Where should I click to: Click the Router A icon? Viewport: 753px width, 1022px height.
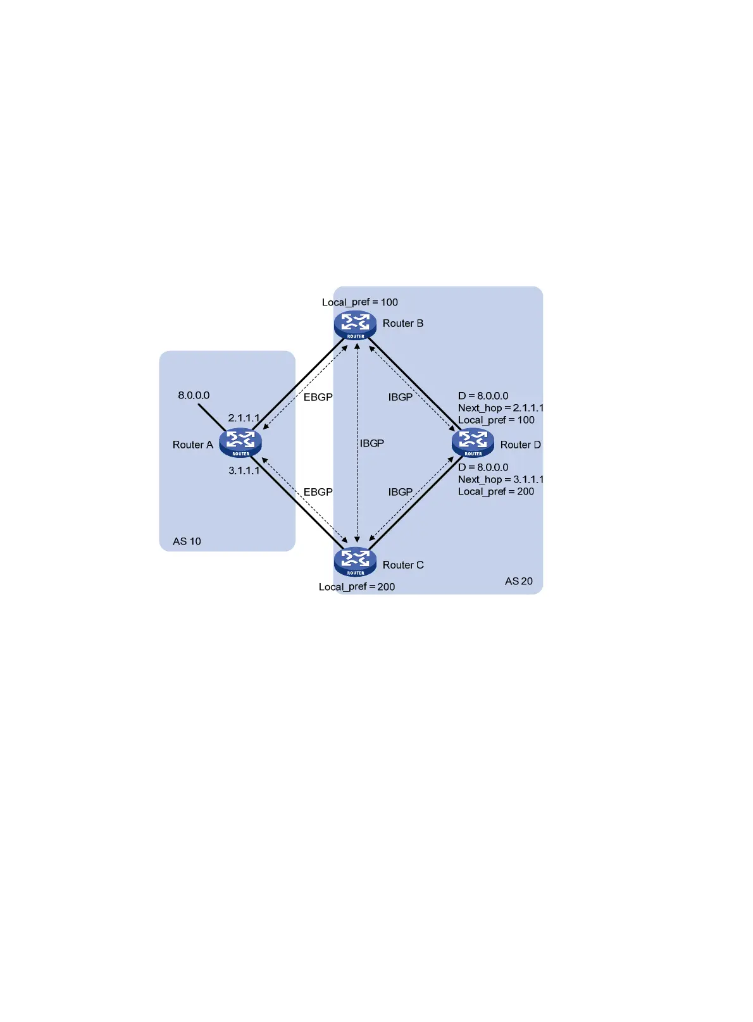pyautogui.click(x=240, y=442)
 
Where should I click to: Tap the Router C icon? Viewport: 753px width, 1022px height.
pyautogui.click(x=355, y=561)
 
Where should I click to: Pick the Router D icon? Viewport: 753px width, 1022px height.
pyautogui.click(x=473, y=442)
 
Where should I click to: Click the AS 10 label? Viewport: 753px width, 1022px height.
pyautogui.click(x=187, y=541)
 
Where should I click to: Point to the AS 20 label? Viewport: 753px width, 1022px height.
pyautogui.click(x=518, y=581)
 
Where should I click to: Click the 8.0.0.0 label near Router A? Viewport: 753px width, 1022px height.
pyautogui.click(x=194, y=395)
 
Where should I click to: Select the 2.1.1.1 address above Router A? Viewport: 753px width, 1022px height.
pyautogui.click(x=244, y=418)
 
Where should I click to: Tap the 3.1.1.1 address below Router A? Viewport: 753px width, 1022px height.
pyautogui.click(x=244, y=471)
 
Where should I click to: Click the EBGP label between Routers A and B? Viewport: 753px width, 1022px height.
pyautogui.click(x=318, y=397)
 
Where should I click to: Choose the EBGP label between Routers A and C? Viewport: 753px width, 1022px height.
pyautogui.click(x=318, y=492)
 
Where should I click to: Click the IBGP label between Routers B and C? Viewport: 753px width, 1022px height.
pyautogui.click(x=372, y=443)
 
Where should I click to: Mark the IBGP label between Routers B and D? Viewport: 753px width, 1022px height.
pyautogui.click(x=400, y=397)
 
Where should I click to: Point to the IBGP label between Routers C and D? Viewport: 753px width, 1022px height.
pyautogui.click(x=400, y=492)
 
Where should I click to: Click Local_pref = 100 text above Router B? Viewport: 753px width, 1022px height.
pyautogui.click(x=359, y=302)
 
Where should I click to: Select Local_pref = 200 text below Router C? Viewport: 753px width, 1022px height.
pyautogui.click(x=357, y=587)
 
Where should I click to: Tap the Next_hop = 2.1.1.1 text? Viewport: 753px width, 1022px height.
pyautogui.click(x=501, y=408)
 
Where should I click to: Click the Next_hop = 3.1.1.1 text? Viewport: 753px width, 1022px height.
pyautogui.click(x=501, y=479)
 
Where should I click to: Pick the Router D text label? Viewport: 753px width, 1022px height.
pyautogui.click(x=520, y=445)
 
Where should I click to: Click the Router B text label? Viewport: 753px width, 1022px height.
pyautogui.click(x=402, y=323)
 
